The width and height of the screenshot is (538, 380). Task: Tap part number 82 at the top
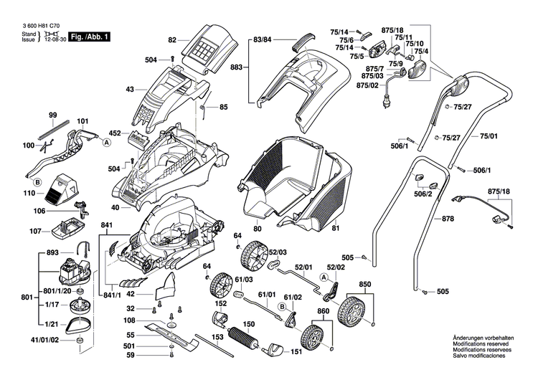point(172,40)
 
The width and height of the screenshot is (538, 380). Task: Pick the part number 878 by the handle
point(448,219)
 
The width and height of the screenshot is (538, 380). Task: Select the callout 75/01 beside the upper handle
point(489,136)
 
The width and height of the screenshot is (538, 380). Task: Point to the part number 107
point(35,231)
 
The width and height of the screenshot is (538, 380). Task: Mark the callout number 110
point(29,194)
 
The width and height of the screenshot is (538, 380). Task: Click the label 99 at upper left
point(52,115)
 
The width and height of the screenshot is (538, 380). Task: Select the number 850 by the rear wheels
point(365,284)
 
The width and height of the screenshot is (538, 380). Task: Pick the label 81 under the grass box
point(334,229)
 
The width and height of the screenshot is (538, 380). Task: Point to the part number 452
point(115,133)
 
